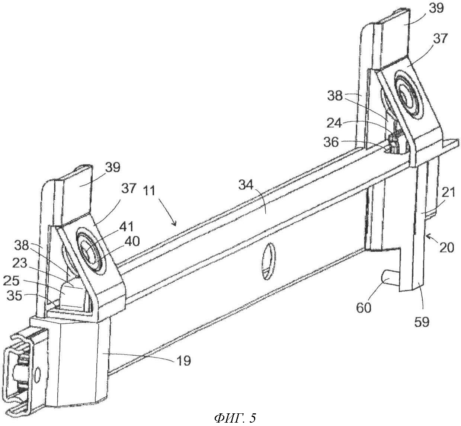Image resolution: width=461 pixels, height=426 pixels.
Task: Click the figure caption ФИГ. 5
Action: [x=235, y=418]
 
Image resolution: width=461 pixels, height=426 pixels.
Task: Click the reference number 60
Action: [x=364, y=308]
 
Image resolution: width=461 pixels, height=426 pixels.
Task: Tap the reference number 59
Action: [x=421, y=321]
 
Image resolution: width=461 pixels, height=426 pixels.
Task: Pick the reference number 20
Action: [x=446, y=247]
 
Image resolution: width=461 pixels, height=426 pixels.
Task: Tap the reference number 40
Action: [x=132, y=241]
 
